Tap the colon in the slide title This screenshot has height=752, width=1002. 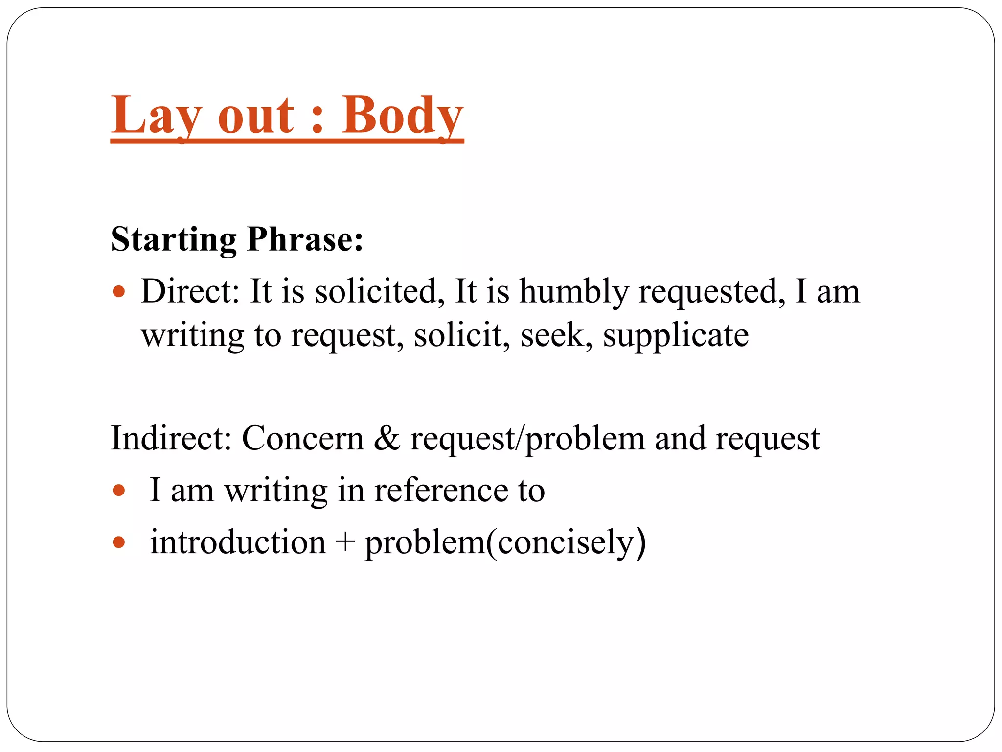point(317,120)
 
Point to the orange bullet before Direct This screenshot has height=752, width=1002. point(119,292)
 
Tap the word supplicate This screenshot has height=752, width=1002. point(675,336)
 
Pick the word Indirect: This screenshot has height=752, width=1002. point(171,438)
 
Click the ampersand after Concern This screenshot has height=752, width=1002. point(387,438)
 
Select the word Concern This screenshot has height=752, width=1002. point(303,438)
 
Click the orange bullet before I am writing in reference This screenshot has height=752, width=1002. point(119,490)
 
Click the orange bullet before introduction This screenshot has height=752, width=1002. point(119,542)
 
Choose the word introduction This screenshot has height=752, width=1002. point(238,542)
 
